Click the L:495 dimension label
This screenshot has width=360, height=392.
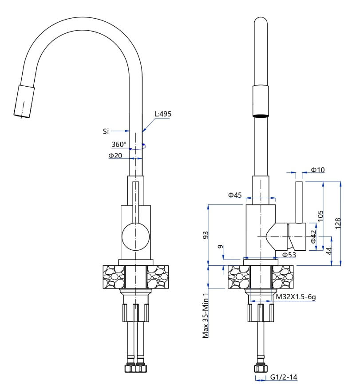(163, 114)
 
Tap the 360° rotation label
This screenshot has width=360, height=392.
(119, 144)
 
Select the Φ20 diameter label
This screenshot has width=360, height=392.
(115, 156)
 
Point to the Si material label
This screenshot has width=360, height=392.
(106, 131)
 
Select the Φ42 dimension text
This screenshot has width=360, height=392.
(313, 237)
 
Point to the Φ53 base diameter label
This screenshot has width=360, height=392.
(289, 255)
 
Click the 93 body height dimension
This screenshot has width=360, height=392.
(206, 235)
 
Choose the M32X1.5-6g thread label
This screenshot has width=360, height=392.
(296, 297)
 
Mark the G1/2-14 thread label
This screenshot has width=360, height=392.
(284, 377)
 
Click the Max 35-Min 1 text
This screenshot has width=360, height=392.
(206, 316)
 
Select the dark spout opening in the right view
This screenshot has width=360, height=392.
(261, 116)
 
